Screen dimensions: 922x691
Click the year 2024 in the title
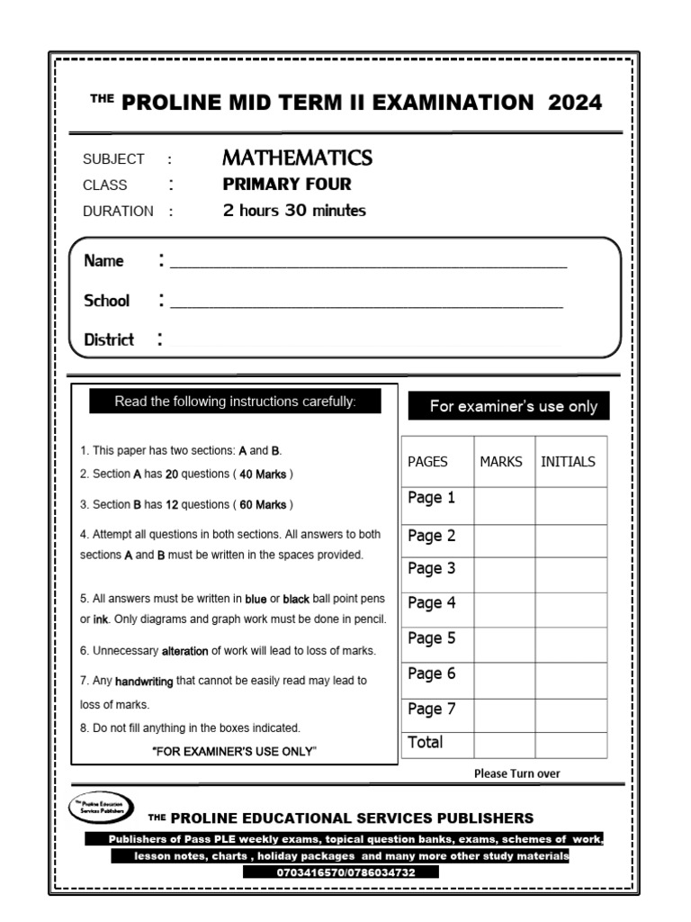tap(575, 102)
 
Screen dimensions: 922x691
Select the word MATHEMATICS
tap(297, 158)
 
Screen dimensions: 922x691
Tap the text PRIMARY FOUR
tap(287, 185)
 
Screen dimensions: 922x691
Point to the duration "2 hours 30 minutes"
tap(294, 211)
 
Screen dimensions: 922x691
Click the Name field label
tap(103, 261)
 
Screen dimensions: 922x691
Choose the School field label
tap(106, 301)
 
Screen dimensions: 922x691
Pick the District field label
tap(109, 339)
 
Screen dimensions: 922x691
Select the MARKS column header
tap(501, 462)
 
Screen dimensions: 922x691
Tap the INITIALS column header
tap(568, 462)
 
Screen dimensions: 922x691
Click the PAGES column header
tap(428, 462)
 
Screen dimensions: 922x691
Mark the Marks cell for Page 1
tap(504, 505)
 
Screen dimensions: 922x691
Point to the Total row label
tap(426, 743)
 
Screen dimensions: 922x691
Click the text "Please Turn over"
tap(516, 773)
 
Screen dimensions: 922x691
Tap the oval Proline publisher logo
tap(102, 807)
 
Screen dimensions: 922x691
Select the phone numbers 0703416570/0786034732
tap(341, 872)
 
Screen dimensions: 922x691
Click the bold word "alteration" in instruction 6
tap(185, 650)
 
